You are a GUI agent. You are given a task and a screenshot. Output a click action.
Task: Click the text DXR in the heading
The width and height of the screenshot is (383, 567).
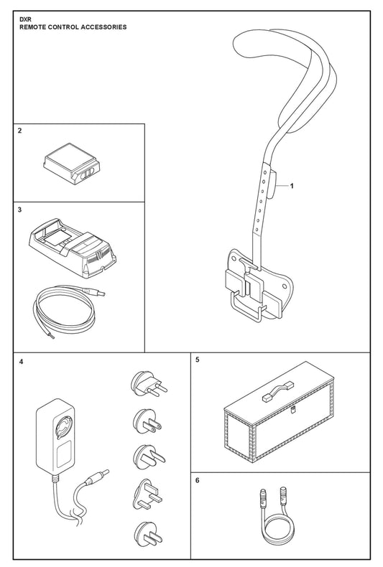[x=25, y=20]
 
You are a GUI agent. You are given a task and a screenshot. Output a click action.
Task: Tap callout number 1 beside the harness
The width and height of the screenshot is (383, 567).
[x=292, y=186]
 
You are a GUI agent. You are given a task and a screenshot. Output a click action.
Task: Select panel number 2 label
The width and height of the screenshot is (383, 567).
[x=20, y=131]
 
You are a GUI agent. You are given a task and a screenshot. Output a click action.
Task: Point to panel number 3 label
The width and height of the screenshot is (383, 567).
[x=20, y=210]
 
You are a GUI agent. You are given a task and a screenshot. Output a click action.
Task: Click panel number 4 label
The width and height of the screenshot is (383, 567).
[x=22, y=361]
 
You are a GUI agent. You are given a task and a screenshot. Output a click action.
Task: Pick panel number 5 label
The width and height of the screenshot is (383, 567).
[x=198, y=360]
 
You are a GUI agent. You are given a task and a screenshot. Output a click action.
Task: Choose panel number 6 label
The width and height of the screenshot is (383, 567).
[x=198, y=481]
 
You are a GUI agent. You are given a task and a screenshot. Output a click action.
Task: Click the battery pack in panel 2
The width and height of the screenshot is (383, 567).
[x=71, y=162]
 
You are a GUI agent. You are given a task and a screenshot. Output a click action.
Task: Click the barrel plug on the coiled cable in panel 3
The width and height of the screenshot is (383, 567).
[x=94, y=291]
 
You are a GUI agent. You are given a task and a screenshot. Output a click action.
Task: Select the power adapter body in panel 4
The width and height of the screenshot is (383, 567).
[x=55, y=437]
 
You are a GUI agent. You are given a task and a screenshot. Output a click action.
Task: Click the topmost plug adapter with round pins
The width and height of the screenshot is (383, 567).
[x=149, y=385]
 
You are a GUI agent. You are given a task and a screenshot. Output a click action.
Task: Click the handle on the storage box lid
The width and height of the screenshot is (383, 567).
[x=278, y=391]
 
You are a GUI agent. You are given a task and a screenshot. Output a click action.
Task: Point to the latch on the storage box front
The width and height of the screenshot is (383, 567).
[x=292, y=410]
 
